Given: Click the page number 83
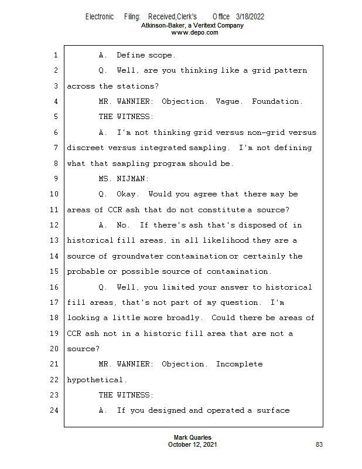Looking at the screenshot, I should [319, 445].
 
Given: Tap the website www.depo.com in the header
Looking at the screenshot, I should [194, 33].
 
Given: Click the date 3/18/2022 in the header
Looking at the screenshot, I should [250, 16].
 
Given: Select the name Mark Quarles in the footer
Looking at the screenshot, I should [193, 438].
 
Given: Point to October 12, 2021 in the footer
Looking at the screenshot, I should [193, 445].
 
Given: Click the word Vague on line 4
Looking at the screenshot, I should [227, 101].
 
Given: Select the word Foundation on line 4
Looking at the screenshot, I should [277, 101].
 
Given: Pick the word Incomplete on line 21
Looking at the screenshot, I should [239, 364].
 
